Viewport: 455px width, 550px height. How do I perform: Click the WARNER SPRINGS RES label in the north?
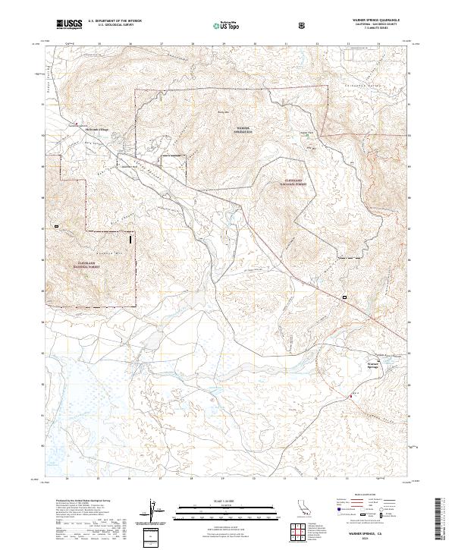click(x=243, y=129)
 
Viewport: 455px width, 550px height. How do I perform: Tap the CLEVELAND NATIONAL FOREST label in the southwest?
click(x=90, y=266)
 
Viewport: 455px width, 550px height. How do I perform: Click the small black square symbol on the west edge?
click(x=56, y=226)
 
